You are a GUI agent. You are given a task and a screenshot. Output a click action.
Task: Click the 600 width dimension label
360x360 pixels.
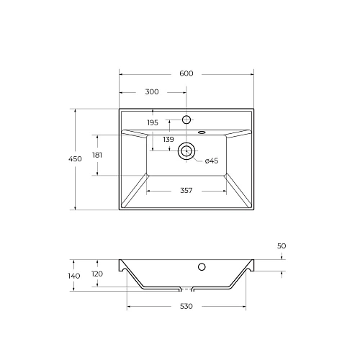[186, 73]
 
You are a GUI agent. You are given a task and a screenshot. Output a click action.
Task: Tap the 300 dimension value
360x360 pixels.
[152, 92]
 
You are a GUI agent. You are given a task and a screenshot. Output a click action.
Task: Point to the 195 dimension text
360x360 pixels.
[153, 122]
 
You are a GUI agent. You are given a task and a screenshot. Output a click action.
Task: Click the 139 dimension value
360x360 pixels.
[167, 139]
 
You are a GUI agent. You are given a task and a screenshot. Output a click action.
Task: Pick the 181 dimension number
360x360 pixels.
[97, 155]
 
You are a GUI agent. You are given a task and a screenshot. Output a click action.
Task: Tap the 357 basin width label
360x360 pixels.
[186, 191]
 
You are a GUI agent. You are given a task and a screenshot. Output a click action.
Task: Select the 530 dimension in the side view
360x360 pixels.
[186, 307]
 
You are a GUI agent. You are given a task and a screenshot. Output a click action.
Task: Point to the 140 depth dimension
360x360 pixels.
[74, 276]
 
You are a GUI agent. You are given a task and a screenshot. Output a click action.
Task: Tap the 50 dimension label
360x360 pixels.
[282, 247]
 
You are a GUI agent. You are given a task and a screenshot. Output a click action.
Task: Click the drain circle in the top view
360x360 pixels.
[186, 150]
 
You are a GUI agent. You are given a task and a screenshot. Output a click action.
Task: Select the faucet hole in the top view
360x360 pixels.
[186, 119]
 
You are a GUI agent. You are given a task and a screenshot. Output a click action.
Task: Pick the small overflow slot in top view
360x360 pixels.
[202, 132]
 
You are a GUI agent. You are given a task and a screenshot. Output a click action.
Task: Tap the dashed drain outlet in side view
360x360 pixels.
[186, 289]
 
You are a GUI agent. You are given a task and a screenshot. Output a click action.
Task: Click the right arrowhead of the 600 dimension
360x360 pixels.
[253, 73]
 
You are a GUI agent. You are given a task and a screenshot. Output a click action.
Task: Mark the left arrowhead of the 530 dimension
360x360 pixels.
[130, 307]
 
